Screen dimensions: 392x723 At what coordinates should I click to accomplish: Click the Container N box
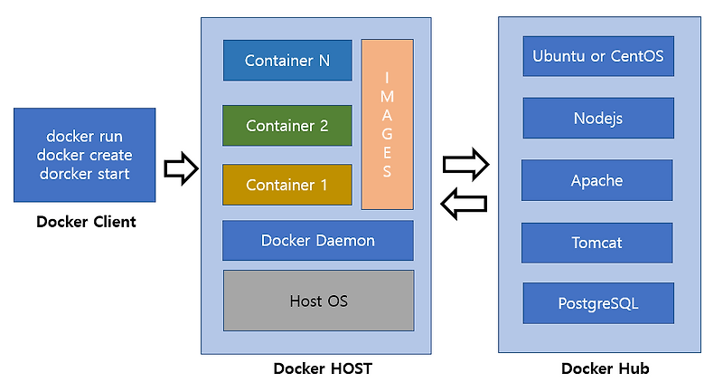click(287, 61)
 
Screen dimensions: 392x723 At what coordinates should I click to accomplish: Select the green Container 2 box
click(287, 126)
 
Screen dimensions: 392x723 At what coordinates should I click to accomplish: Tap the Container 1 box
click(287, 185)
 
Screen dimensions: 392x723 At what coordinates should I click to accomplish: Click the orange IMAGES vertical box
click(387, 124)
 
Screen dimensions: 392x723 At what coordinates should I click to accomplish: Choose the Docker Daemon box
click(318, 240)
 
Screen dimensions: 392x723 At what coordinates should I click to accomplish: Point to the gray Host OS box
click(318, 301)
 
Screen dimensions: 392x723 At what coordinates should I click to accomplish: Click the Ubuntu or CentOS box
click(598, 56)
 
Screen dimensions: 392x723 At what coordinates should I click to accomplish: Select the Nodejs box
click(598, 119)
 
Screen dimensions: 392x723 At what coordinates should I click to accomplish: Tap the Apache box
click(597, 180)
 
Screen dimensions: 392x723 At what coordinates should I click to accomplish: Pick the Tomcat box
click(597, 243)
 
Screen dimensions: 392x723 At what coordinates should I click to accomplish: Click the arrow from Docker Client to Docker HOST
click(181, 168)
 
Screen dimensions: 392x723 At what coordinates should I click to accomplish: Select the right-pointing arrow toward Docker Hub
click(465, 165)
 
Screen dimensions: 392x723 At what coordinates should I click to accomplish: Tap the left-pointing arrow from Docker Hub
click(463, 205)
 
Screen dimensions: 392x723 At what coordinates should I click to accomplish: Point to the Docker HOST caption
click(322, 368)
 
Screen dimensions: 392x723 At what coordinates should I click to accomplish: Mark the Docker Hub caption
click(605, 368)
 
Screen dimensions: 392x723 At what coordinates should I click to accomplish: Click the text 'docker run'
click(85, 137)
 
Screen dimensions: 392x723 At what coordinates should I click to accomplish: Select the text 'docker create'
click(85, 155)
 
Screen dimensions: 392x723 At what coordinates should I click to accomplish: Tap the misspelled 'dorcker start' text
click(85, 173)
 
